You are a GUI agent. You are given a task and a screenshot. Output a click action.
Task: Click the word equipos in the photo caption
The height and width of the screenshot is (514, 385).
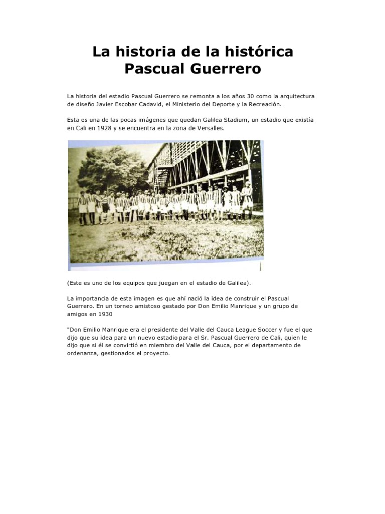tap(130, 283)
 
